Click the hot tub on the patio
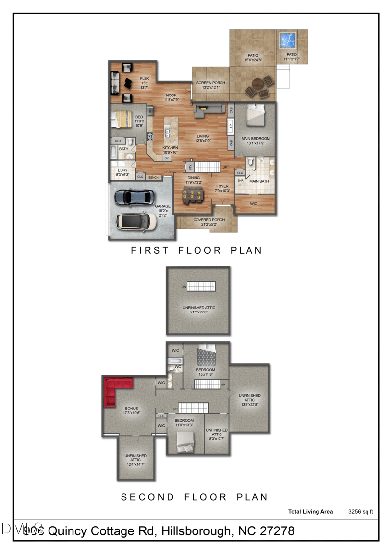(287, 39)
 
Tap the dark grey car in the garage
(134, 197)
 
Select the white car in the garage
(136, 221)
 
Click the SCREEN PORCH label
(211, 83)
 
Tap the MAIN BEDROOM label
(255, 139)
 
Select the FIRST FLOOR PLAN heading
(196, 250)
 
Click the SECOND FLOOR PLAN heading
(194, 497)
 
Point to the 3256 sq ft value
(361, 512)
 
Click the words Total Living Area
(310, 512)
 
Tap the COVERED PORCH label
(209, 220)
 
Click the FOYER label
(222, 186)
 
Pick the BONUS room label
(132, 408)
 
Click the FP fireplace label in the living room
(230, 126)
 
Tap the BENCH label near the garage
(153, 177)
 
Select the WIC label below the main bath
(254, 203)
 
